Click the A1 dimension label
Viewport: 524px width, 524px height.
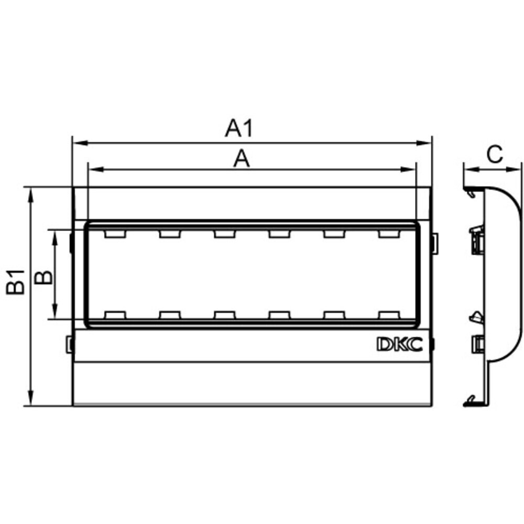[239, 128]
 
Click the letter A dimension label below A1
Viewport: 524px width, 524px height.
[241, 159]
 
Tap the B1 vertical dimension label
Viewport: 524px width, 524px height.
[16, 282]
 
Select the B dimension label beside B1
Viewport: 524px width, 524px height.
[44, 277]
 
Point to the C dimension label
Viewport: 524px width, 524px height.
[495, 154]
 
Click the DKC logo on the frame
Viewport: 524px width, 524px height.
[400, 344]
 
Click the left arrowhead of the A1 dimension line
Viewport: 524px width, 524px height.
[81, 143]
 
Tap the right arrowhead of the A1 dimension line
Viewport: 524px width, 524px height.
[423, 143]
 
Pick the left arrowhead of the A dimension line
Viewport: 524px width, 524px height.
[96, 169]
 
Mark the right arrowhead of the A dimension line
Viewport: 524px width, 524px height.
[408, 169]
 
